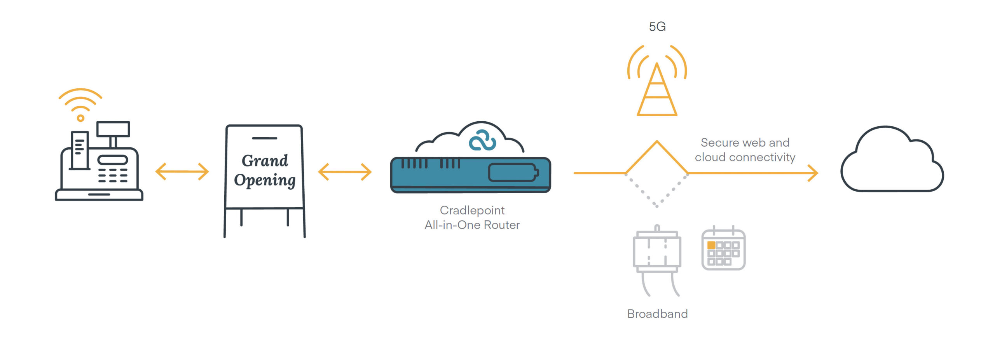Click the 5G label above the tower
pyautogui.click(x=657, y=26)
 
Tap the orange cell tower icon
pyautogui.click(x=657, y=89)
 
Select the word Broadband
pyautogui.click(x=657, y=314)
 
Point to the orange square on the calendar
pyautogui.click(x=711, y=245)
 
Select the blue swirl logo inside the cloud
pyautogui.click(x=482, y=140)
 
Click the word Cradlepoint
pyautogui.click(x=472, y=210)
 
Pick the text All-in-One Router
pyautogui.click(x=472, y=225)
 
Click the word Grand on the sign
pyautogui.click(x=265, y=161)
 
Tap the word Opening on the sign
pyautogui.click(x=265, y=180)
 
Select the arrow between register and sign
pyautogui.click(x=182, y=171)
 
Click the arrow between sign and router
pyautogui.click(x=345, y=171)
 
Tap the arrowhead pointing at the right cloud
pyautogui.click(x=813, y=173)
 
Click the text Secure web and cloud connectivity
pyautogui.click(x=745, y=150)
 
